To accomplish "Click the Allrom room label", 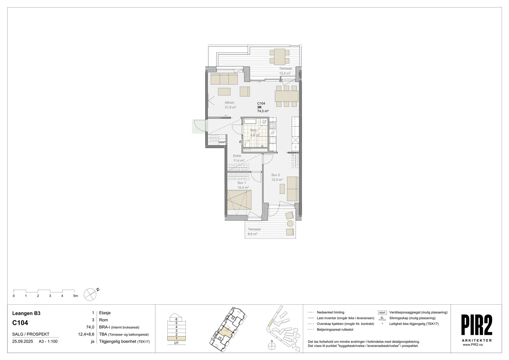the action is (229, 102).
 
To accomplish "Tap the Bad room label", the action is (253, 130).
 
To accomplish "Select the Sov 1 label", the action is (241, 183).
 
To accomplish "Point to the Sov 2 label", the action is (275, 175).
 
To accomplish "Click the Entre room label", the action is (237, 156).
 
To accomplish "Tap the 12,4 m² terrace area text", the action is (285, 73).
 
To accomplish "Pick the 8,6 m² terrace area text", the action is (253, 234).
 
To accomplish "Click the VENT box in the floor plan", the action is (222, 142).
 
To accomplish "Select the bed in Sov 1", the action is (239, 200).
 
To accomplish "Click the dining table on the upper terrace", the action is (280, 57).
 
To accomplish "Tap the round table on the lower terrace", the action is (290, 223).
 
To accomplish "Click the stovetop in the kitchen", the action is (272, 125).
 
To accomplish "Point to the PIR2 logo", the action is (477, 325).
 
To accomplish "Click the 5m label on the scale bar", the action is (75, 296).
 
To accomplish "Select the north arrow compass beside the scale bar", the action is (90, 294).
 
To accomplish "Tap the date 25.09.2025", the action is (23, 341).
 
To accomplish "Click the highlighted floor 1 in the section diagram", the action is (176, 338).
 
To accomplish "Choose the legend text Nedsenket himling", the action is (331, 312).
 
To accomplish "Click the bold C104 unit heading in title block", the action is (20, 323).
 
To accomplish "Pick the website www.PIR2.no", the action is (473, 345).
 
